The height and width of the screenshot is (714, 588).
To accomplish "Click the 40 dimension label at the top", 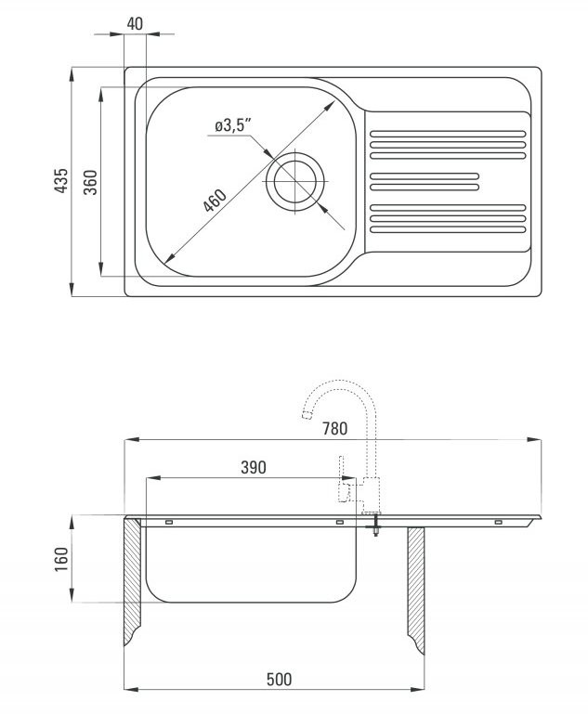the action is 135,24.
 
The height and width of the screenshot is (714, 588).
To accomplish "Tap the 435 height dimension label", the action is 61,181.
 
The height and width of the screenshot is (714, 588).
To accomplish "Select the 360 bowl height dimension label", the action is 91,182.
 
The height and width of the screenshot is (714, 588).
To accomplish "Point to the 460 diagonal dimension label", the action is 215,201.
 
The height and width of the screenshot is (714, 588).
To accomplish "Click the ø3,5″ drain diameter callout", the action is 233,125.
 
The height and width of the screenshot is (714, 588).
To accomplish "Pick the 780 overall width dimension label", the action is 334,428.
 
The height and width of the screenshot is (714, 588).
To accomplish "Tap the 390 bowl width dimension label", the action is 254,467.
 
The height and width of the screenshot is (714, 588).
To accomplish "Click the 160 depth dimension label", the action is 61,559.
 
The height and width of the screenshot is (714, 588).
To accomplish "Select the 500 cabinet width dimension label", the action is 279,680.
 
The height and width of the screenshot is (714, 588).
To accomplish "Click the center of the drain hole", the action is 295,181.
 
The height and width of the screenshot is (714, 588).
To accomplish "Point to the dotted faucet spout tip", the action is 307,414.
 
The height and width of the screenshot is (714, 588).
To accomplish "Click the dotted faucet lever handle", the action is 343,478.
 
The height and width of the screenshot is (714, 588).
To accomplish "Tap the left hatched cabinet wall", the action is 133,580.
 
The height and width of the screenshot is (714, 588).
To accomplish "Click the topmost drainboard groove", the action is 448,134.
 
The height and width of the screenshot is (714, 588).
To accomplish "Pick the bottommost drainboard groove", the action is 448,229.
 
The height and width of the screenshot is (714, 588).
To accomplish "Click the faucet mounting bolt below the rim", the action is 375,525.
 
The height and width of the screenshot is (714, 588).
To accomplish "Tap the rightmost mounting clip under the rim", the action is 499,522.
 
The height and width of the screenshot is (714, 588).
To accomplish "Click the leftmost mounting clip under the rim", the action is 169,522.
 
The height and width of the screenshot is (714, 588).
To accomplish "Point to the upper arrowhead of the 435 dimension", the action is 72,75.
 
